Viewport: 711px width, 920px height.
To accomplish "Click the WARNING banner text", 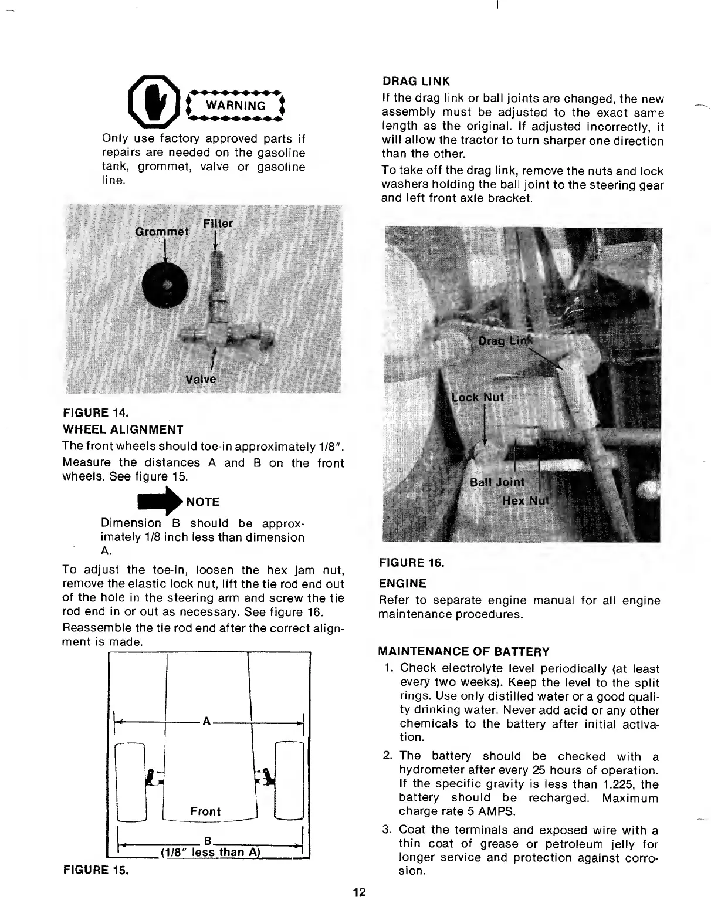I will pyautogui.click(x=234, y=106).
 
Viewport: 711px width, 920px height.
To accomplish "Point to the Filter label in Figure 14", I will pyautogui.click(x=218, y=224).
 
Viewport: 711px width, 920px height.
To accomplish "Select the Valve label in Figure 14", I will pyautogui.click(x=201, y=379).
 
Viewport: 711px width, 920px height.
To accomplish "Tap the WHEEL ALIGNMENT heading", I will pyautogui.click(x=123, y=429).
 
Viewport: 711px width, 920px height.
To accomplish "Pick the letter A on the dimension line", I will pyautogui.click(x=206, y=721).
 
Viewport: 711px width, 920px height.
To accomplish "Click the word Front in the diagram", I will pyautogui.click(x=205, y=811).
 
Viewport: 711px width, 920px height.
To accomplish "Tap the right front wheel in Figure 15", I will pyautogui.click(x=289, y=780).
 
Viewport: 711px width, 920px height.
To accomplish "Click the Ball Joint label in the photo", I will pyautogui.click(x=497, y=482).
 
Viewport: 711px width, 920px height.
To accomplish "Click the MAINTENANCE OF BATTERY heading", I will pyautogui.click(x=464, y=652).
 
